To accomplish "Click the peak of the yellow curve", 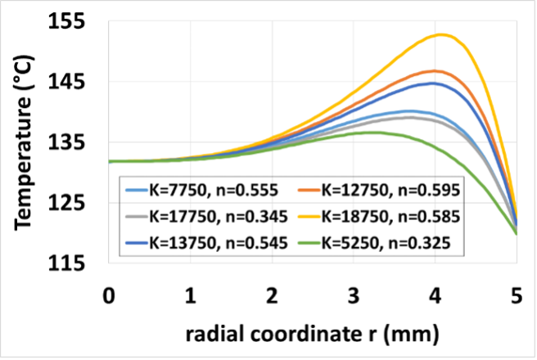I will (x=441, y=34).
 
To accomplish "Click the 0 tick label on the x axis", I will (x=109, y=295).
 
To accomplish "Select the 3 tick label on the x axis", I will (x=353, y=295).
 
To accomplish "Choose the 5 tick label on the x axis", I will (x=516, y=295).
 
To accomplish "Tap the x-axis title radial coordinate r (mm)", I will (x=312, y=335).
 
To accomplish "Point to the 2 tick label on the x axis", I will (x=272, y=295).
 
